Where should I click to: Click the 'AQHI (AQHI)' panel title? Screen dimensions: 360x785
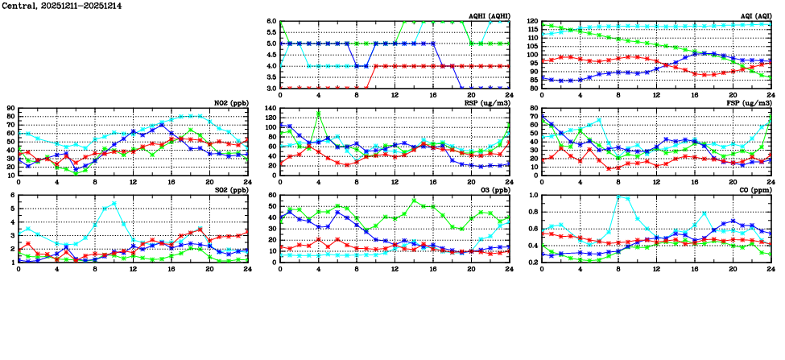(489, 16)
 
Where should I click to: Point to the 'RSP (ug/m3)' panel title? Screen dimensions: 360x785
(488, 103)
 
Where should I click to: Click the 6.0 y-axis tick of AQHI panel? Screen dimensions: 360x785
(271, 22)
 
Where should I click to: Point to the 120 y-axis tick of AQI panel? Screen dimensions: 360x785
(531, 22)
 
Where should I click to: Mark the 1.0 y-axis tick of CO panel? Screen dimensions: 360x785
(532, 196)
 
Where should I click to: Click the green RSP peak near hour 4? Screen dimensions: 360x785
(319, 113)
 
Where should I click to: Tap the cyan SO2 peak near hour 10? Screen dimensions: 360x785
(114, 203)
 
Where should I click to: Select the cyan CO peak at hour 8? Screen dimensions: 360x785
(618, 197)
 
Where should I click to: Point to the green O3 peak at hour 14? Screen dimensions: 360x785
(414, 201)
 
